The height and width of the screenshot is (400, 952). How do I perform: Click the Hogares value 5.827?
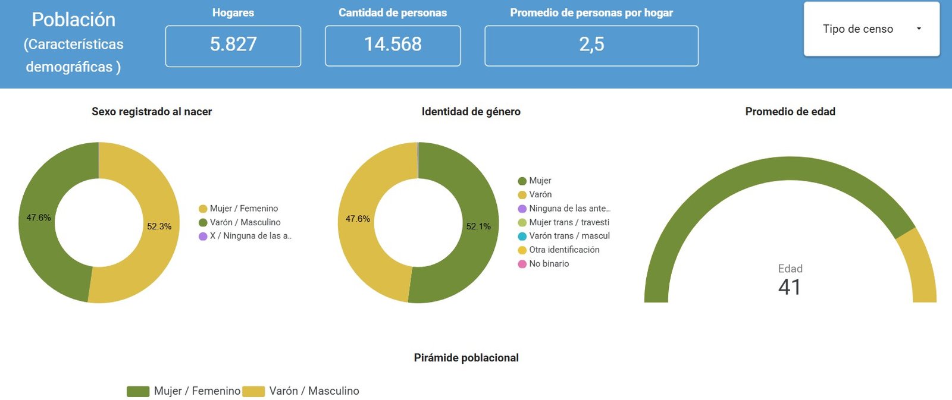point(233,45)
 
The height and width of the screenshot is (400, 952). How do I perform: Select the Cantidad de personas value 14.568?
point(393,45)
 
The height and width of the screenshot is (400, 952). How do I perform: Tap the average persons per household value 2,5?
point(591,45)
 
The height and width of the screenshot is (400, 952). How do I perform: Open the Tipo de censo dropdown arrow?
point(919,29)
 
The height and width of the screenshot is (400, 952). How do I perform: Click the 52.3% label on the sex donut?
point(159,226)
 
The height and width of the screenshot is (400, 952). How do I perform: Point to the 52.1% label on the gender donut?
point(478,226)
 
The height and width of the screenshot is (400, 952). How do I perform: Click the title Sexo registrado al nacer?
point(152,112)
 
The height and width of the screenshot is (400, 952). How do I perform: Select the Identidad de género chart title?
point(471,112)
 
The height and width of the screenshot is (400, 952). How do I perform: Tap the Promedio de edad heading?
point(790,112)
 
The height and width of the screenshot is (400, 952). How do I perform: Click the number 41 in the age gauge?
point(790,287)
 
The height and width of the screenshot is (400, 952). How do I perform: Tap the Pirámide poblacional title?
point(466,358)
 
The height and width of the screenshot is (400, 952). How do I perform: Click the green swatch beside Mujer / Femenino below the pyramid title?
point(137,391)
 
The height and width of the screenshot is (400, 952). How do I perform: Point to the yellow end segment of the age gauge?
point(919,267)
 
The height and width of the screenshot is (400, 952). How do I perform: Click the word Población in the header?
point(73,20)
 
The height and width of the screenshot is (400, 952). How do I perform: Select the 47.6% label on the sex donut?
point(39,218)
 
